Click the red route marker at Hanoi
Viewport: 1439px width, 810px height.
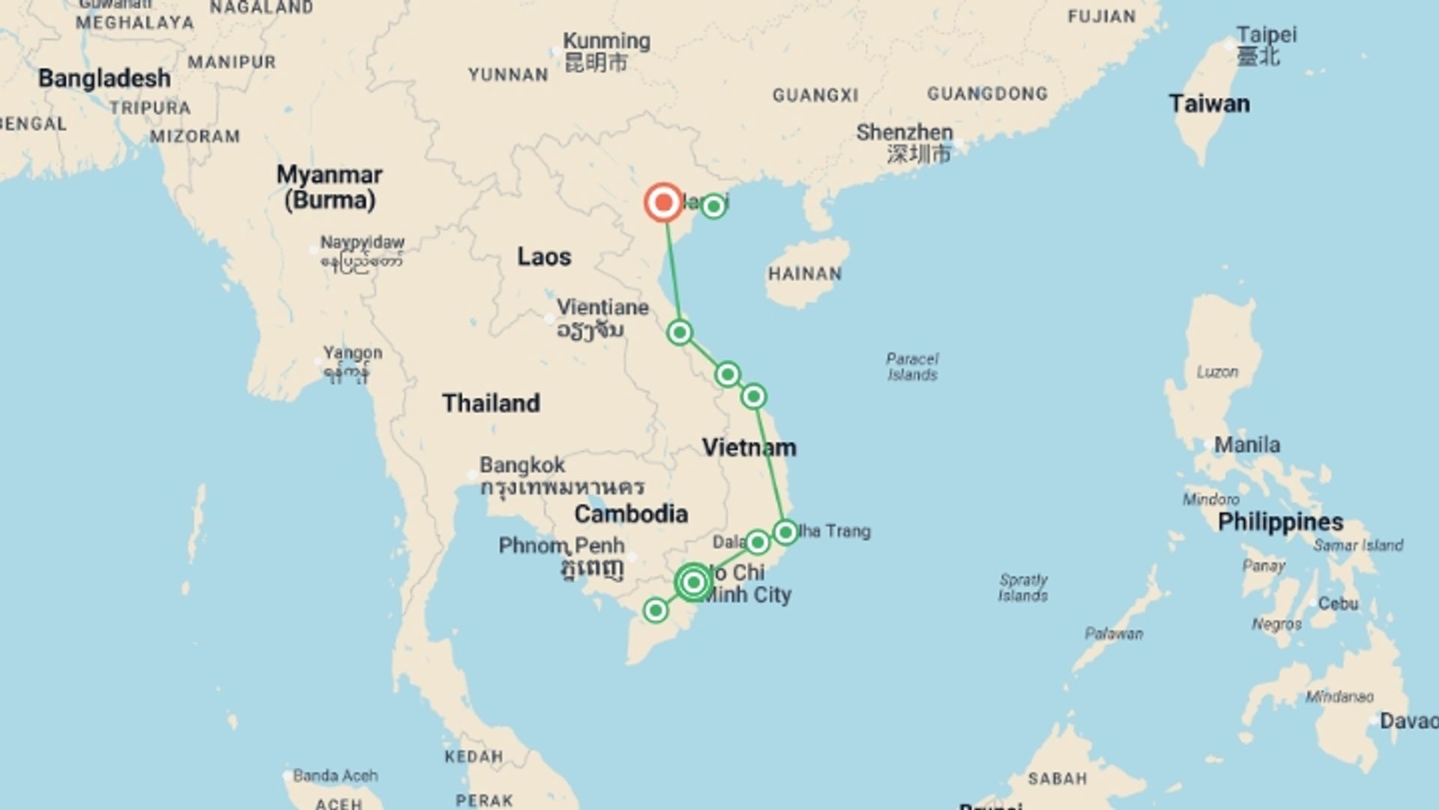[663, 202]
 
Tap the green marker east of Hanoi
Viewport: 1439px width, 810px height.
[714, 205]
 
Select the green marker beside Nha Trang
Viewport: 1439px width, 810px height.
[785, 532]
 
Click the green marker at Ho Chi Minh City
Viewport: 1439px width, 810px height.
[693, 582]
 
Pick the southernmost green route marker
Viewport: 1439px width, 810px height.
[656, 610]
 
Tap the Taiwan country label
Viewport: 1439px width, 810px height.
[1209, 103]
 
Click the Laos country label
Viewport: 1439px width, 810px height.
[544, 257]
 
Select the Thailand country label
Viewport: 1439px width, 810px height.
[491, 403]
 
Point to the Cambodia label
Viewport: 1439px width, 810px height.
[631, 514]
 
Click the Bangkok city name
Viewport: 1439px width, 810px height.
[522, 465]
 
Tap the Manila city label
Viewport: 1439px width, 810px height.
[1247, 445]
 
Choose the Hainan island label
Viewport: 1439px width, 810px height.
[804, 274]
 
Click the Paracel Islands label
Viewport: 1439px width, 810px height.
[912, 367]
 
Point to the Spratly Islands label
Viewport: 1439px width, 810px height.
[1023, 587]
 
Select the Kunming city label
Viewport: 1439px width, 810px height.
[606, 41]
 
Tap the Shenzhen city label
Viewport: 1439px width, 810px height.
[905, 133]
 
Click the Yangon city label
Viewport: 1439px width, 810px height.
[352, 352]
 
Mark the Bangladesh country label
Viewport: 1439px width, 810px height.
[104, 78]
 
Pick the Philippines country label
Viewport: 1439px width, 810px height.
[1280, 522]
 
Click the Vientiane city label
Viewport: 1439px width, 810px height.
[603, 307]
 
